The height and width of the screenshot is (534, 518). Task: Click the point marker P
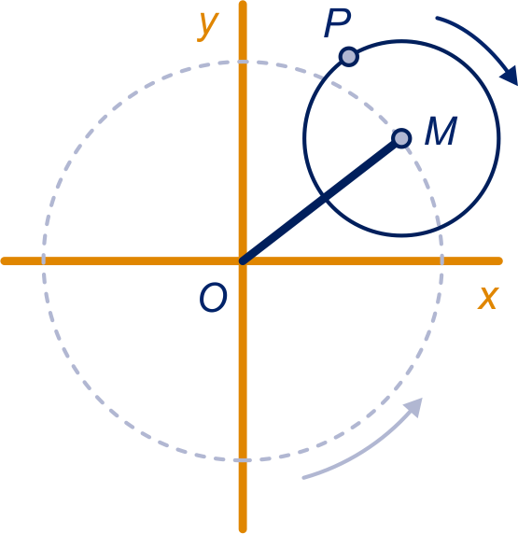click(x=349, y=57)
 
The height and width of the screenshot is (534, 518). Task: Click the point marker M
click(x=401, y=138)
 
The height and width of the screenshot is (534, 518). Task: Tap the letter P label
click(x=337, y=23)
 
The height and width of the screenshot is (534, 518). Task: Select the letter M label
click(x=441, y=131)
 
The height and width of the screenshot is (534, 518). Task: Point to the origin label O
click(x=213, y=297)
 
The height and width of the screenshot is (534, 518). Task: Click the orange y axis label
click(x=208, y=26)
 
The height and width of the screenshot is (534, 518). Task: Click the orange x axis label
click(x=488, y=298)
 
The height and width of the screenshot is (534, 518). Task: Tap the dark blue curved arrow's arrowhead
click(x=511, y=76)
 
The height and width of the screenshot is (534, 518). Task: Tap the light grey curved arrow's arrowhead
click(x=414, y=407)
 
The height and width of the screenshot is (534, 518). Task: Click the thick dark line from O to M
click(x=322, y=200)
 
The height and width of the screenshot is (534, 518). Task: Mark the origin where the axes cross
click(x=243, y=261)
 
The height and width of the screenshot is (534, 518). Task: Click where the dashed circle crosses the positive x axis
click(x=441, y=261)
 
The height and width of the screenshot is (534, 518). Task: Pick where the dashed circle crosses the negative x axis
click(x=43, y=261)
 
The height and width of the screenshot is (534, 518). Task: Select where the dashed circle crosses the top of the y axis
click(x=243, y=62)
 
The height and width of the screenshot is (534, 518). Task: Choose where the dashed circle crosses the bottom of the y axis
click(x=243, y=460)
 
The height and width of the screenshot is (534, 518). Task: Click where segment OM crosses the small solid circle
click(x=324, y=198)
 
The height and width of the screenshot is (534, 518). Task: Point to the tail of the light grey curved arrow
click(x=303, y=478)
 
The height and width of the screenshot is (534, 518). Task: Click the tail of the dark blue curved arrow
click(x=438, y=18)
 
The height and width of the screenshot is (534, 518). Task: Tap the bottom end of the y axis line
click(x=243, y=530)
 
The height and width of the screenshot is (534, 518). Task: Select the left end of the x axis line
click(x=4, y=261)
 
